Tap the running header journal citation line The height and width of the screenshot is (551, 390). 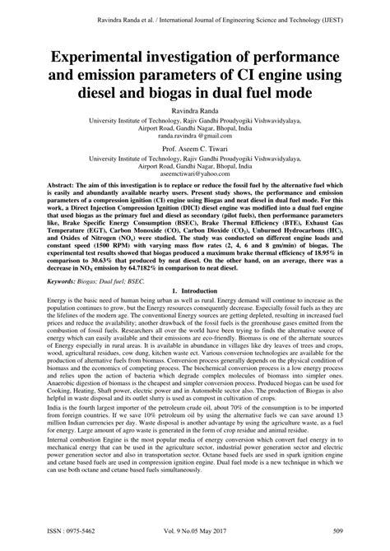pos(195,10)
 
